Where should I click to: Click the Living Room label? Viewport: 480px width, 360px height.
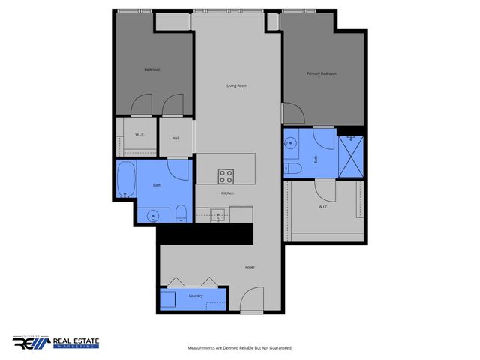click(x=237, y=85)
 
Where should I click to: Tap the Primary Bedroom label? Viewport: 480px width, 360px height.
click(x=322, y=73)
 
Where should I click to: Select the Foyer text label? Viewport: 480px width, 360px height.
click(x=250, y=267)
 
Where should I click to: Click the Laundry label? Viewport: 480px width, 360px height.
click(x=196, y=296)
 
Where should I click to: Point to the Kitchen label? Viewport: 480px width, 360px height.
click(x=227, y=193)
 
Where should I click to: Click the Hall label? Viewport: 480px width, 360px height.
click(x=175, y=138)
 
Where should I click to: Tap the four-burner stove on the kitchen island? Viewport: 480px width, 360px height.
click(x=226, y=175)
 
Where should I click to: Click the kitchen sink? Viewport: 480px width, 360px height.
click(x=219, y=215)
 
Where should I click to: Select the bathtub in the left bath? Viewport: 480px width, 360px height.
click(x=126, y=180)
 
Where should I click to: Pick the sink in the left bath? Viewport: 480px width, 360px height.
click(x=153, y=216)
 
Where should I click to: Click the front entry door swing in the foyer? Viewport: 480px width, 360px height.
click(x=254, y=300)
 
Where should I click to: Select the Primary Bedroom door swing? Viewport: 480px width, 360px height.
click(x=292, y=113)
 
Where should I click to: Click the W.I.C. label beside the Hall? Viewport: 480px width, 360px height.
click(x=139, y=135)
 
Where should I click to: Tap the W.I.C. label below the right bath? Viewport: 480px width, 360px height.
click(x=324, y=207)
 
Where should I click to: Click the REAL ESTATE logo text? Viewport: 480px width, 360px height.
click(x=75, y=343)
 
